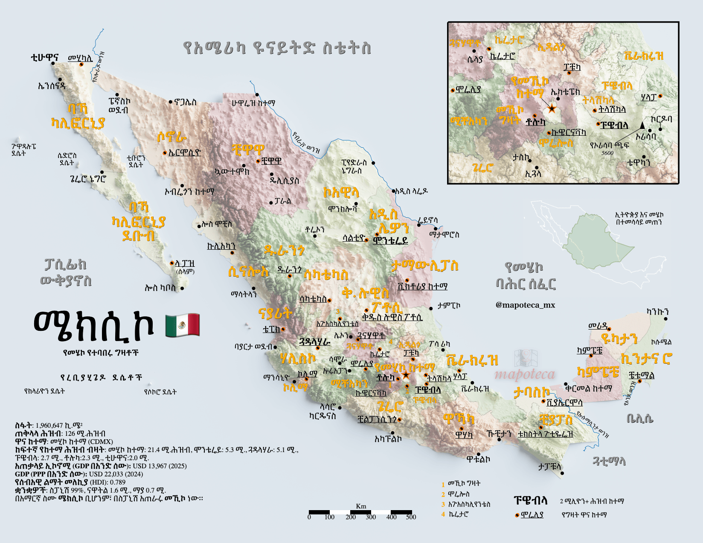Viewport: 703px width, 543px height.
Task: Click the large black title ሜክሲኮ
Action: [93, 327]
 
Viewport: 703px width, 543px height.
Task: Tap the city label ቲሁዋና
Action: [44, 57]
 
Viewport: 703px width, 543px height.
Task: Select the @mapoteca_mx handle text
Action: [525, 305]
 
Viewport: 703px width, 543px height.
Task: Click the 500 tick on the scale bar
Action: [411, 517]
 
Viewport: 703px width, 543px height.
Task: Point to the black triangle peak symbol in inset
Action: [642, 125]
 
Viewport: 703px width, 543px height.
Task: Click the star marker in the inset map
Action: [552, 108]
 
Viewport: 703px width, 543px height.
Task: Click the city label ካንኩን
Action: [657, 312]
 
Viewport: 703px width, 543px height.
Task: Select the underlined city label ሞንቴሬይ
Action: [390, 240]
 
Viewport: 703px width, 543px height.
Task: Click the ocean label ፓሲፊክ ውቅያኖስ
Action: [66, 272]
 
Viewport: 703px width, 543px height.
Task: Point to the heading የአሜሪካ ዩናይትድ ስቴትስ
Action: [276, 48]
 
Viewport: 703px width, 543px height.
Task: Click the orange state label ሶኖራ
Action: [171, 137]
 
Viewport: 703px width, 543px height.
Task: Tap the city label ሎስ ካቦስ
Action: [160, 288]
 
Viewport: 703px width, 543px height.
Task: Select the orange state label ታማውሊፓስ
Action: [425, 266]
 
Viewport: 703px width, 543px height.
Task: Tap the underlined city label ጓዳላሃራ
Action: [315, 342]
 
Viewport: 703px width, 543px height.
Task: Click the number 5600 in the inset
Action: [607, 153]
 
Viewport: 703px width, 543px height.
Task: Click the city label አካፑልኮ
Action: [388, 438]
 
